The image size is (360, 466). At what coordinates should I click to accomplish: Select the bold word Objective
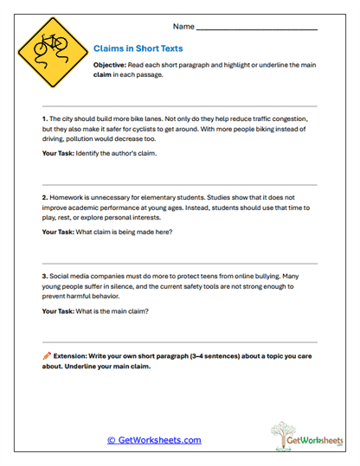tap(114, 66)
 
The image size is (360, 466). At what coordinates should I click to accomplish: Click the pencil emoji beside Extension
tap(46, 354)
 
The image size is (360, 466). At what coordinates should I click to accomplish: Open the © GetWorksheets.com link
tap(154, 440)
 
